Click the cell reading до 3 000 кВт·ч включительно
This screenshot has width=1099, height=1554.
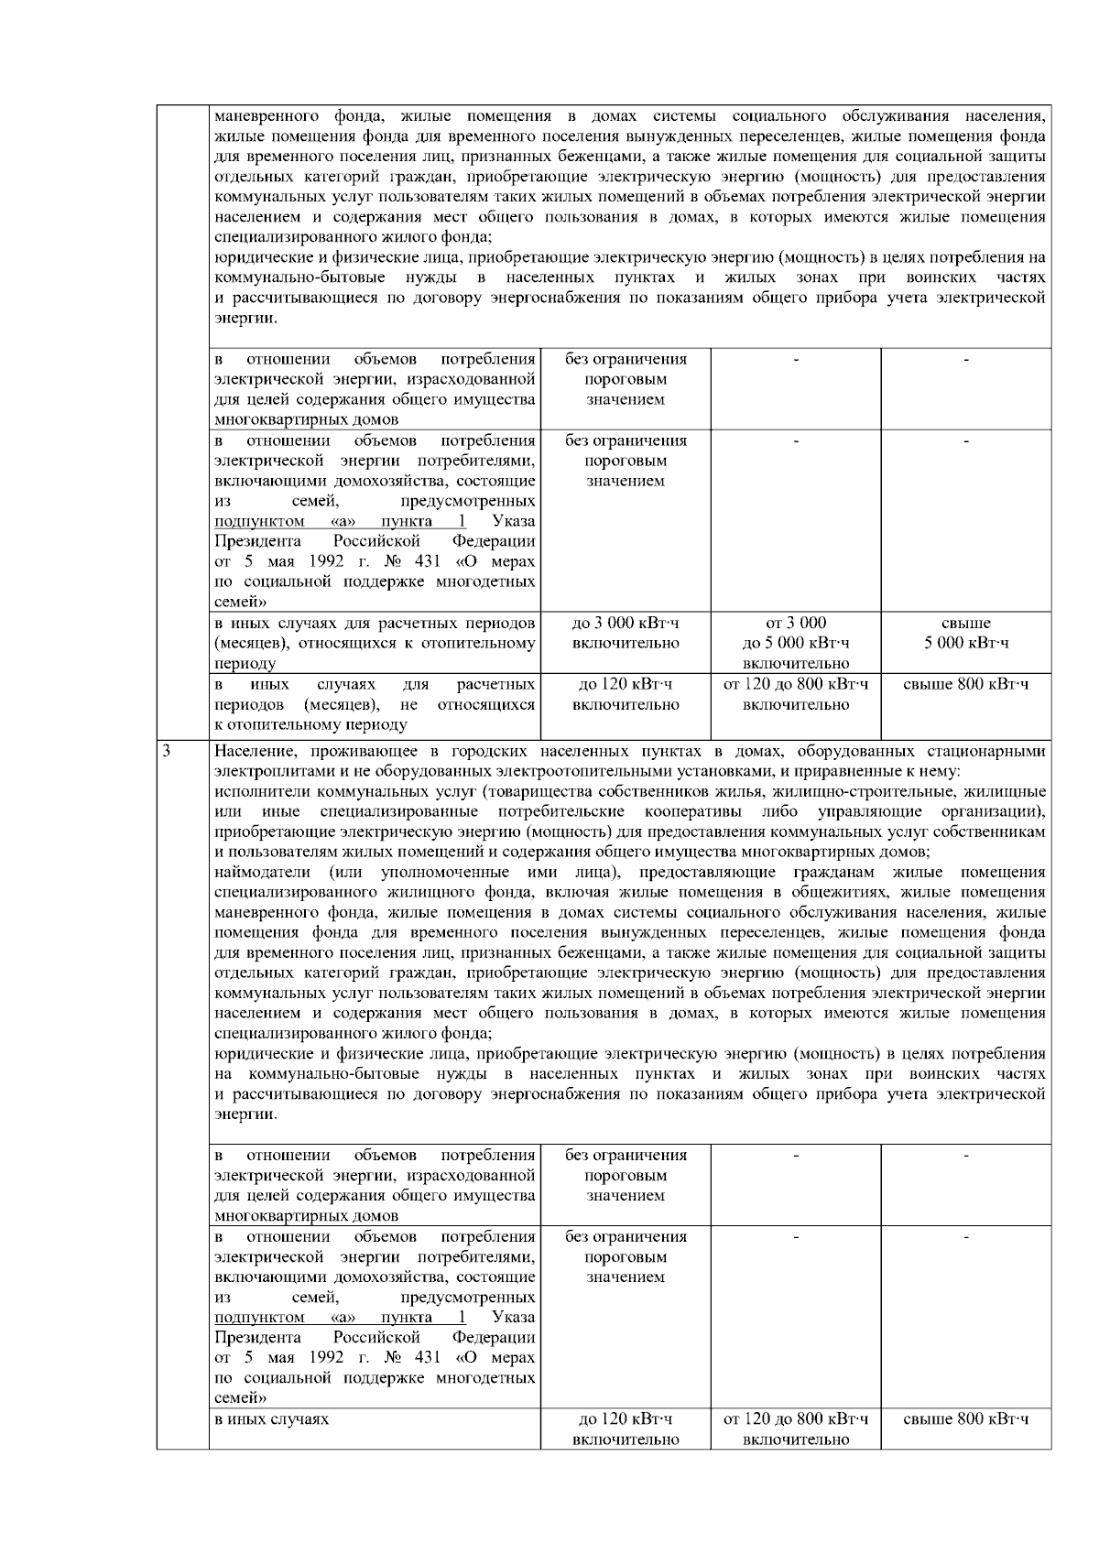pyautogui.click(x=626, y=634)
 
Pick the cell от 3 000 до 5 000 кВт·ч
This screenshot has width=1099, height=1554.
pyautogui.click(x=796, y=643)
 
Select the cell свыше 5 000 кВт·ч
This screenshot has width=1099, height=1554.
pyautogui.click(x=965, y=634)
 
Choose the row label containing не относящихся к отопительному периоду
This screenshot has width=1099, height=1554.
pyautogui.click(x=375, y=705)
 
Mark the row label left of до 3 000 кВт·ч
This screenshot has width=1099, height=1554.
pyautogui.click(x=375, y=643)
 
